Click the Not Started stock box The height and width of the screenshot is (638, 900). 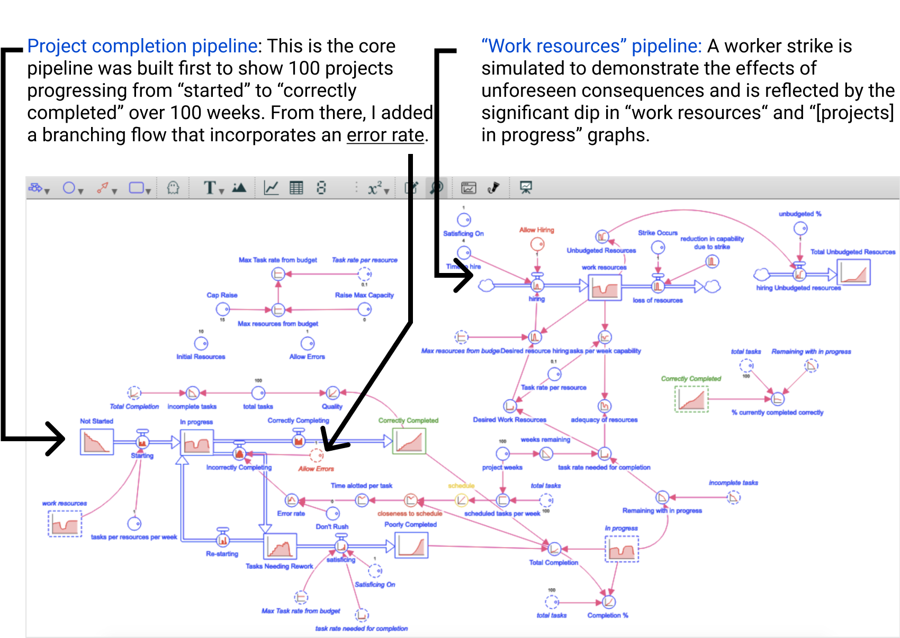coord(97,442)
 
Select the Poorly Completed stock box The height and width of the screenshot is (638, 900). coord(411,545)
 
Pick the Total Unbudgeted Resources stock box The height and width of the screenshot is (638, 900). coord(853,272)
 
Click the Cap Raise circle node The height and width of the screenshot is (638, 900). coord(222,309)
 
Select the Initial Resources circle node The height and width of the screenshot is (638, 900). coord(201,344)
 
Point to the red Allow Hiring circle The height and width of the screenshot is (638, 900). coord(537,244)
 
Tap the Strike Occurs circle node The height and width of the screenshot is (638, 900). coord(658,247)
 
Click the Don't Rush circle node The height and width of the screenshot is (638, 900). coord(332,513)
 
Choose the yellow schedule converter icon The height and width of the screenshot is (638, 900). coord(462,499)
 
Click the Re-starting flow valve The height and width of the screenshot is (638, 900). coord(223,540)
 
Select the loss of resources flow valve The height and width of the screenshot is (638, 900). coord(658,286)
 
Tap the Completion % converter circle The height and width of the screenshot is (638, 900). coord(609,602)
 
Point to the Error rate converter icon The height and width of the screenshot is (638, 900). coord(292,500)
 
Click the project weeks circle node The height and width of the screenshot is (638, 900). coord(502,454)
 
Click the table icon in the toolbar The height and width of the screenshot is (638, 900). coord(296,188)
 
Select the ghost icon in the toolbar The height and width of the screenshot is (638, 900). coord(173,188)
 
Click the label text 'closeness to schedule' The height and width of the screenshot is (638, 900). coord(410,514)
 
